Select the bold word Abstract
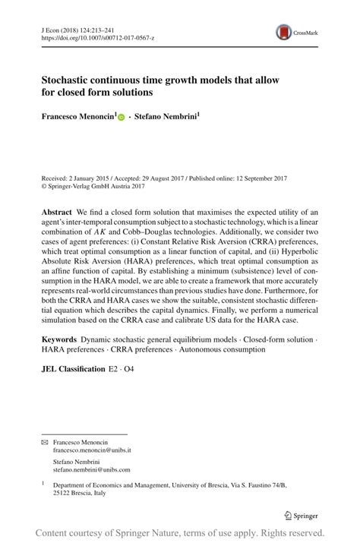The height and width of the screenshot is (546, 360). [x=56, y=210]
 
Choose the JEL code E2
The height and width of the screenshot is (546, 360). [x=114, y=369]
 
